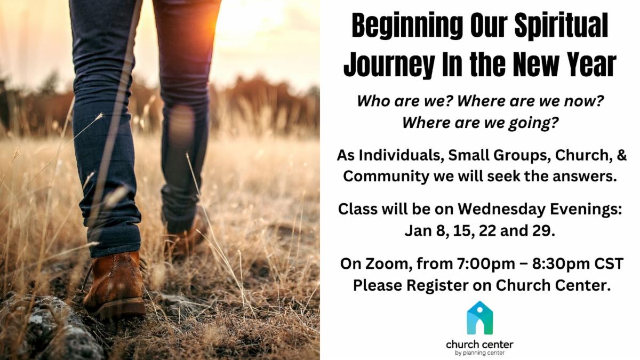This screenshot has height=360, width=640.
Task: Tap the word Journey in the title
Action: (389, 65)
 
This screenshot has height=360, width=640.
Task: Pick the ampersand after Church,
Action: (621, 155)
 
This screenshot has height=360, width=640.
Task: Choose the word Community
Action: (386, 177)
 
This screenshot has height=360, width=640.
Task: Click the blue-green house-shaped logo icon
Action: (479, 318)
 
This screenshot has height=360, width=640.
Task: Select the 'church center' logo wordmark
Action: (479, 345)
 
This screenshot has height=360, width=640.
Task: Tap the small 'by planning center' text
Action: (479, 353)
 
